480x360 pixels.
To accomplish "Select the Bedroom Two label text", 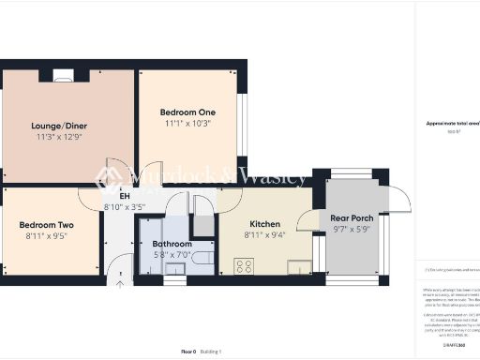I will click(46, 225).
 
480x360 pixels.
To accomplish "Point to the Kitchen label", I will click(264, 224).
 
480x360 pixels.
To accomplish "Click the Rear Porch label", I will click(352, 218).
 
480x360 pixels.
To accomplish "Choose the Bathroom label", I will click(172, 244).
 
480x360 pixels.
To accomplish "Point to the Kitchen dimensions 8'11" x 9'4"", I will click(264, 235).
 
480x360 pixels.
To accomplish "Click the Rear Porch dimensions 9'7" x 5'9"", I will click(352, 230).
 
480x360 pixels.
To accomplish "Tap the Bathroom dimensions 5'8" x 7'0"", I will click(172, 255).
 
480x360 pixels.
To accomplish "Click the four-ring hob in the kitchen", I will click(243, 266).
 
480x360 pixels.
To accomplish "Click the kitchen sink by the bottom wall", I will click(298, 269).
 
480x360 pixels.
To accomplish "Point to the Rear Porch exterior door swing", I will click(400, 199).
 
